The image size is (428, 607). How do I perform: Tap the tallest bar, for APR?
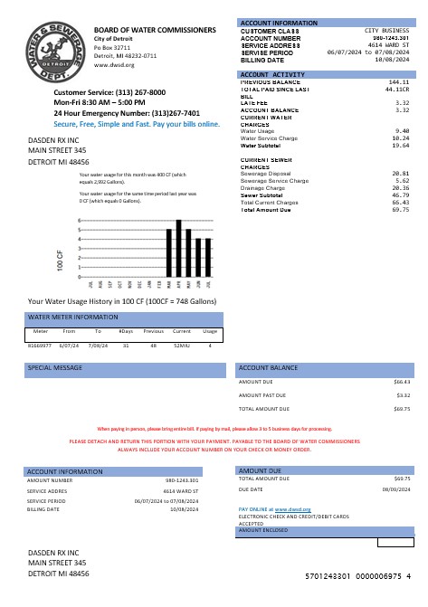(179, 248)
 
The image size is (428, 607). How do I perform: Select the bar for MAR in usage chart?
(169, 252)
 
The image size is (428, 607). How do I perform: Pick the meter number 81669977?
(41, 345)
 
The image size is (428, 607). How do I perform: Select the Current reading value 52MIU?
(181, 345)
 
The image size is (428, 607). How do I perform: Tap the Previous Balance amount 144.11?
(399, 81)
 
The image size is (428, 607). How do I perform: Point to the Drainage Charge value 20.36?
(401, 187)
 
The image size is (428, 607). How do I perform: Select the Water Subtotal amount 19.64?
(401, 145)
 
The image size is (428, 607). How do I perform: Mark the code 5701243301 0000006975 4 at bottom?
(357, 575)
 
